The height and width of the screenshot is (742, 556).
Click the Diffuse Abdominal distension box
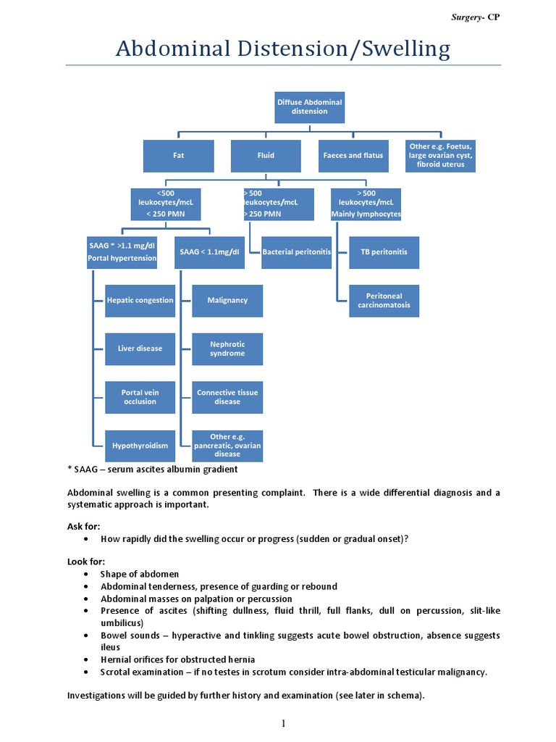(x=310, y=107)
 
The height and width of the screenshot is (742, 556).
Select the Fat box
(x=178, y=156)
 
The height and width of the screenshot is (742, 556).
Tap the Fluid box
(x=266, y=156)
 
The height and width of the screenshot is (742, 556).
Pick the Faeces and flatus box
(x=353, y=156)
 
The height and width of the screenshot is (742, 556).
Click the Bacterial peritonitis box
(x=296, y=251)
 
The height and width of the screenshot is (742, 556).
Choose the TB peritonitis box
(x=384, y=251)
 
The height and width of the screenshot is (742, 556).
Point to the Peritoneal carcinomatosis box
(x=384, y=301)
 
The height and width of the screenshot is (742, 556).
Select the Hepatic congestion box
(x=140, y=300)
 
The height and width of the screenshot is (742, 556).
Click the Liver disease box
(x=140, y=349)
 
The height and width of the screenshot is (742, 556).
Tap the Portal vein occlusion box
(x=140, y=397)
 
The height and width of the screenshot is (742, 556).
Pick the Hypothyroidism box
(x=140, y=446)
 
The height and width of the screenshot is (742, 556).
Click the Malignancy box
(x=227, y=300)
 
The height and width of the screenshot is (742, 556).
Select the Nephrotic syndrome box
(x=227, y=349)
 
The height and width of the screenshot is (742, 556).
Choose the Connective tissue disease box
(x=227, y=397)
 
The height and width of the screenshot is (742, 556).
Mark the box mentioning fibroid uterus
(x=441, y=156)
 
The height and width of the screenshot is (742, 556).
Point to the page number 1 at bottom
(x=285, y=723)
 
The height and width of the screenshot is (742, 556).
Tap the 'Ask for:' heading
(x=84, y=525)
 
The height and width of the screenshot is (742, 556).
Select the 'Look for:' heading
(x=86, y=562)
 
